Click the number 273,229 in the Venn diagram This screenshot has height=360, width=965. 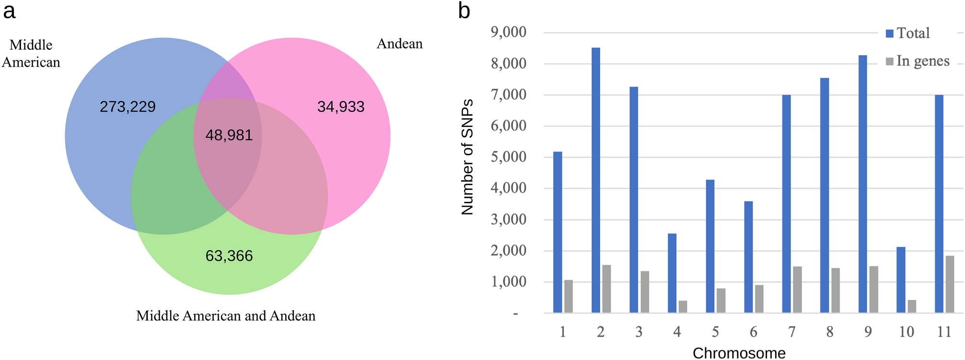[128, 106]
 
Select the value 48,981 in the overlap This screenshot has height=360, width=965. [229, 135]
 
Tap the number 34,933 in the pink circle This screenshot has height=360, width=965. [341, 106]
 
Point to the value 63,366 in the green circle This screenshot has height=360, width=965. [229, 256]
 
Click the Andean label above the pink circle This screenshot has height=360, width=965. [399, 44]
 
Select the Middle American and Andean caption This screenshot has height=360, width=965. [226, 316]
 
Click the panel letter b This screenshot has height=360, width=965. [464, 11]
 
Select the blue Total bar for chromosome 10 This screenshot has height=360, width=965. [901, 280]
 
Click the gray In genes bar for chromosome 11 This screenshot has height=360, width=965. [950, 284]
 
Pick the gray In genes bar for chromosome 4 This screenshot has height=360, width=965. [683, 307]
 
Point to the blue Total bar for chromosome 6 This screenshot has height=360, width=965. [748, 257]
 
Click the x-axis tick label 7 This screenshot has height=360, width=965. [791, 332]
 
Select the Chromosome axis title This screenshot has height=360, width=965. [739, 353]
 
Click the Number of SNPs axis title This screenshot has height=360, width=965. [467, 157]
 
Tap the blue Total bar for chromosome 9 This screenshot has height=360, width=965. [862, 184]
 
